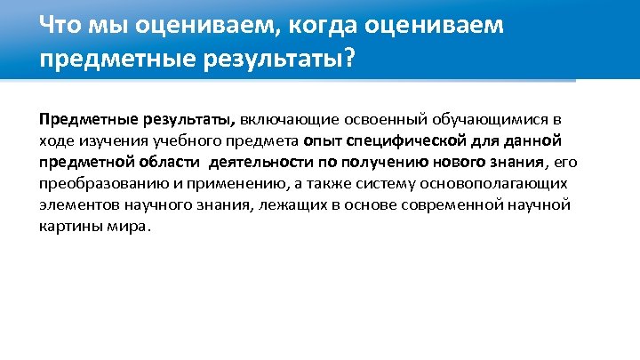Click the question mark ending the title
[x=347, y=60]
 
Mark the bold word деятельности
[x=255, y=161]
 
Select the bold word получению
[x=359, y=161]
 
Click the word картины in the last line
[x=66, y=225]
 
